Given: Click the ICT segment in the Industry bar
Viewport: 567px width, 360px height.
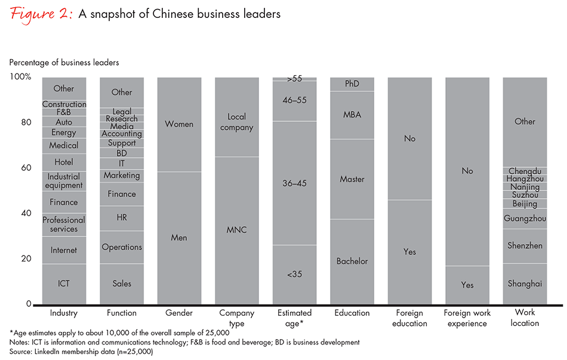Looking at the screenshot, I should (64, 284).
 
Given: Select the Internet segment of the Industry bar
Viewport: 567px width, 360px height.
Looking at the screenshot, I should (64, 250).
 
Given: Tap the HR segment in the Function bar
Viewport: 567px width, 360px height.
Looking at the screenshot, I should (122, 218).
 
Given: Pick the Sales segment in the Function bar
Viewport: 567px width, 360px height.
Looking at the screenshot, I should (122, 284).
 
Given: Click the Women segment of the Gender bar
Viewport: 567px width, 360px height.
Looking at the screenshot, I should (179, 124).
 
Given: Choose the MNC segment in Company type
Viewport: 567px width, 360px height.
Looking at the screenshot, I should (237, 230).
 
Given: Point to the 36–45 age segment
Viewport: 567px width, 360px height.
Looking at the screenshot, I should (294, 183).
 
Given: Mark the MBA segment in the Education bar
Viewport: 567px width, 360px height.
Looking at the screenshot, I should (352, 115).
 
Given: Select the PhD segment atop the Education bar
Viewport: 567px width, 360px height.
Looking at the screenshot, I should (352, 84).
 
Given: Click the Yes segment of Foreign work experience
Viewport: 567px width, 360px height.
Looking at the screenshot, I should (467, 285).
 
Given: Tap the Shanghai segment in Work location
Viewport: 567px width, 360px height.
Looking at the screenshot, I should (525, 284).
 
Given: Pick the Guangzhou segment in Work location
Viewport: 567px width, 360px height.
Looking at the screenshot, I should (525, 219).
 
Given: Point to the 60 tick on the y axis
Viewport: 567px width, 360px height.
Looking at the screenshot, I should (26, 168).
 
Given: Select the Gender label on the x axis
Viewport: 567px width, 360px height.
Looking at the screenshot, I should (179, 313).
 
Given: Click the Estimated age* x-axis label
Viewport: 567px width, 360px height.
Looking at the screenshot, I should (294, 318).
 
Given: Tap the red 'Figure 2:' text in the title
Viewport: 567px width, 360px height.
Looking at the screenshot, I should (41, 14).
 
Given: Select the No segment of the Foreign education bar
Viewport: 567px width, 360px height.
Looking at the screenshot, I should (409, 139).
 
